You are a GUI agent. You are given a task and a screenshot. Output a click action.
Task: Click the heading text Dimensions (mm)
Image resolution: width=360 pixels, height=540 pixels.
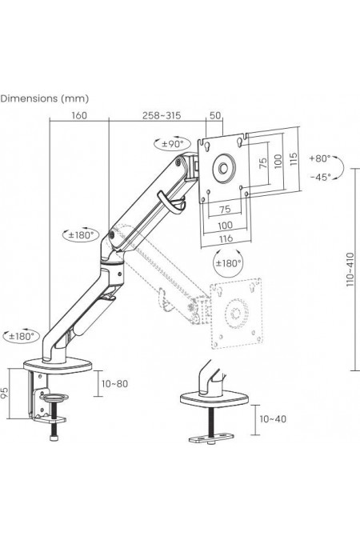click(x=45, y=98)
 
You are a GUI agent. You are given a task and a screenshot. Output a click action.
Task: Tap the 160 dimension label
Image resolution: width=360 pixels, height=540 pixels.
click(x=79, y=115)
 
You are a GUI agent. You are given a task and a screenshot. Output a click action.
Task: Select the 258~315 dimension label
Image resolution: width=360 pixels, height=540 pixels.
click(x=162, y=115)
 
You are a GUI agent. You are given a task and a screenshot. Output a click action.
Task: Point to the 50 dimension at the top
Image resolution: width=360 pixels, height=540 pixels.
click(x=215, y=115)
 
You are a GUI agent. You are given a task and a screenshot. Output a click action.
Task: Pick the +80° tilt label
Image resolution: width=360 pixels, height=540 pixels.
click(x=320, y=158)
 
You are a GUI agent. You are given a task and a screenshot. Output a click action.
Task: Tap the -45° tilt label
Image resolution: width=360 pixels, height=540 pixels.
click(x=320, y=178)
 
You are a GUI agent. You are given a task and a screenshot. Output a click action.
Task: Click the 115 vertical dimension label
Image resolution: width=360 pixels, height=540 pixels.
click(x=294, y=159)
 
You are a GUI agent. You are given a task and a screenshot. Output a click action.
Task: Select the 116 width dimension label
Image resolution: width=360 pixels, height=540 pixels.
click(x=226, y=238)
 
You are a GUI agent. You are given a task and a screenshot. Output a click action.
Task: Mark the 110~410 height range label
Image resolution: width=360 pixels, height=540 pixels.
click(x=350, y=270)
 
